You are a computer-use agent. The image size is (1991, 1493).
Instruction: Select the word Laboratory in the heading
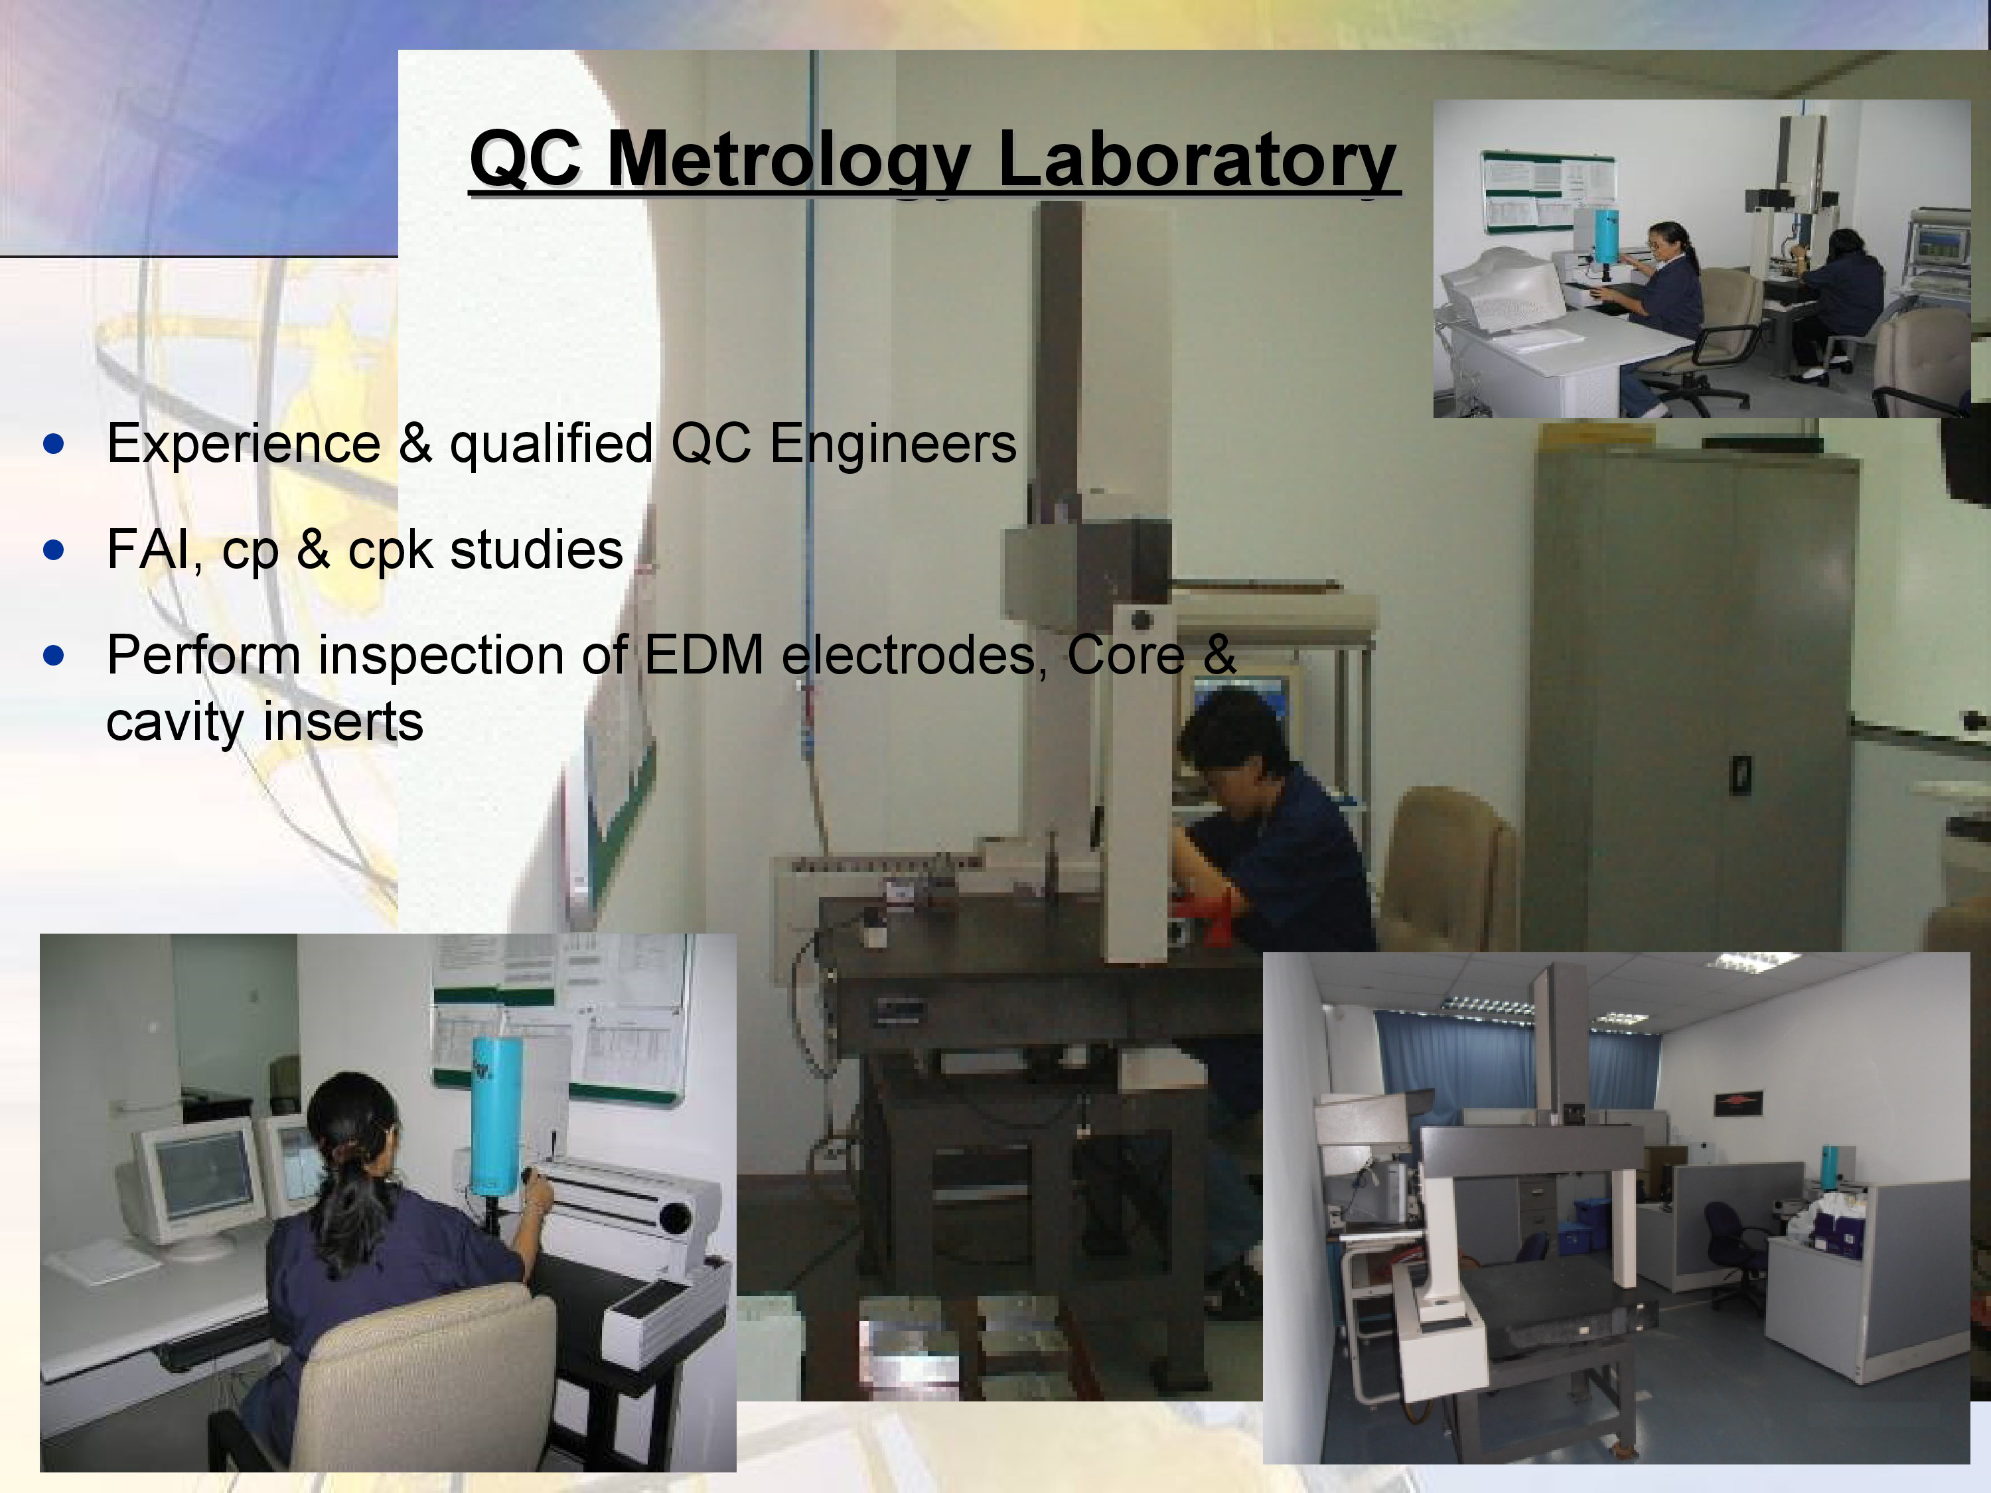pyautogui.click(x=1197, y=160)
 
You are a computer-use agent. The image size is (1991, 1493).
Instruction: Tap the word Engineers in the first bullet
pyautogui.click(x=893, y=445)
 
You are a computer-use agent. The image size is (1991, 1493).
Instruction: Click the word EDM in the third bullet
pyautogui.click(x=704, y=654)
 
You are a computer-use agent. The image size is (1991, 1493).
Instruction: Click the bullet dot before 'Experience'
pyautogui.click(x=54, y=444)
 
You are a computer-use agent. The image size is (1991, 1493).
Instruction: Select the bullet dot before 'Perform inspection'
pyautogui.click(x=54, y=655)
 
